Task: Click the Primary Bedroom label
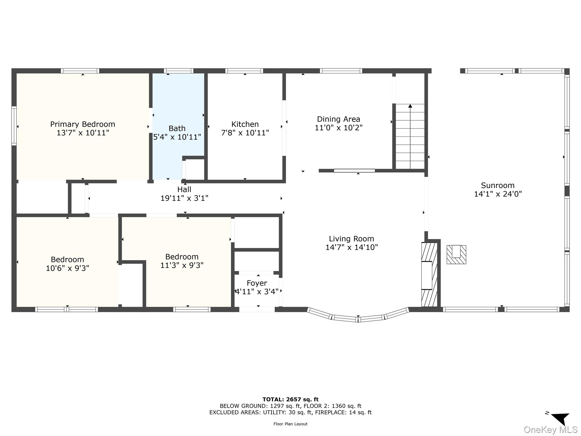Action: (83, 124)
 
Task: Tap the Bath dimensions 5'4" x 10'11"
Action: (177, 137)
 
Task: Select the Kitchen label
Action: (245, 124)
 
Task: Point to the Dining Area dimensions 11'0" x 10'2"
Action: (338, 128)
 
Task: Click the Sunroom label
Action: (498, 185)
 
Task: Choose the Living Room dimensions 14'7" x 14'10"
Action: (351, 247)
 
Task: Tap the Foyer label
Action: (257, 283)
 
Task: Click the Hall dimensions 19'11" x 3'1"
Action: (184, 198)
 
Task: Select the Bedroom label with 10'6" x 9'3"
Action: (67, 259)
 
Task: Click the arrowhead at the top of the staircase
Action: (410, 106)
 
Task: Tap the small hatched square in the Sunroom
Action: (456, 255)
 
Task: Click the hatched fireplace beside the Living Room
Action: (429, 275)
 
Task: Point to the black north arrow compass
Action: (561, 418)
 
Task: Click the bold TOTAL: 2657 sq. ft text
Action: (290, 400)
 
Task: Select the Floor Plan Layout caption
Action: (290, 424)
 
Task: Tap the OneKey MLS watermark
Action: (550, 430)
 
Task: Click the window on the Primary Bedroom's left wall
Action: (14, 126)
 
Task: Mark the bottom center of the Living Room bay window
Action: (358, 319)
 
